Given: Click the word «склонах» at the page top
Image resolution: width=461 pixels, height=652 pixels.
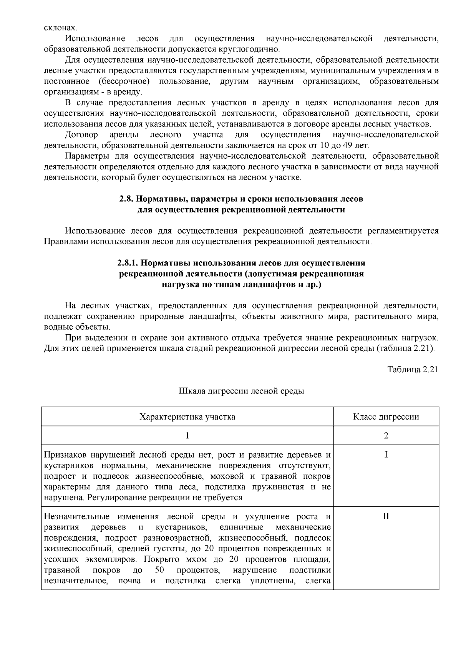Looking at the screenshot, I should [x=60, y=28].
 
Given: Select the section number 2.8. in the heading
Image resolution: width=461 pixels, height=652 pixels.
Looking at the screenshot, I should [x=126, y=199].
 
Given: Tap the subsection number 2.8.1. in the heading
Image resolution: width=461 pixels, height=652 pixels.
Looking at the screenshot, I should [x=128, y=263].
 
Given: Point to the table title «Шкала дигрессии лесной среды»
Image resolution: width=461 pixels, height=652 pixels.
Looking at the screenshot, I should [x=241, y=391].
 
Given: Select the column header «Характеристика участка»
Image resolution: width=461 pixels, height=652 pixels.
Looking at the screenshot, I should [x=187, y=417].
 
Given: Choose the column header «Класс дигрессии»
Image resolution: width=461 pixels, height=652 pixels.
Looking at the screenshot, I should [x=386, y=417].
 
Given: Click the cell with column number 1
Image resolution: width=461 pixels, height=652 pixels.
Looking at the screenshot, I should [x=187, y=436].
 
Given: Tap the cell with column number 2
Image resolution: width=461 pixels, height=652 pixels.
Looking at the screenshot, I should [x=386, y=436].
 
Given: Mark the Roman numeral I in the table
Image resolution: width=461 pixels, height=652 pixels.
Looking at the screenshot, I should [x=386, y=455].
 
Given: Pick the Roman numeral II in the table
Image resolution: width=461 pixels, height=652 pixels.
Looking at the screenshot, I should [x=386, y=516].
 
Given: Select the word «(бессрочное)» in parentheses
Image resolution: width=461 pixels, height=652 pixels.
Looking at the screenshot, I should [x=123, y=81].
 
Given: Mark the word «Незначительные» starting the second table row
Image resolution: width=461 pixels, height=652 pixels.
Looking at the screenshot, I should [x=76, y=516].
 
